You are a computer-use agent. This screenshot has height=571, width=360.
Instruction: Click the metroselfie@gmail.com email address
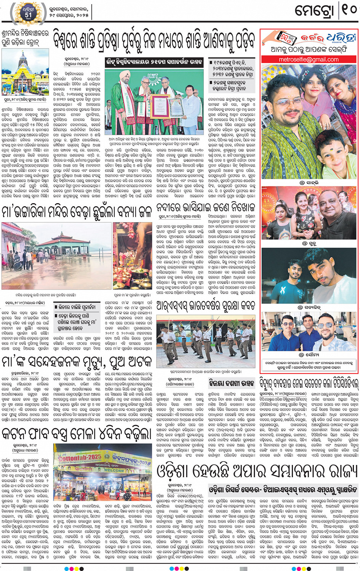309,59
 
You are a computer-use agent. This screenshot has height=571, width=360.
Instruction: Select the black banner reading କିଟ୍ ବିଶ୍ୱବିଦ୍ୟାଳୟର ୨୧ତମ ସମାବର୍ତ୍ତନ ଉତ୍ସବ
155,62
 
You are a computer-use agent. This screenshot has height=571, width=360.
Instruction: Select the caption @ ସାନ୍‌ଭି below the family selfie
309,183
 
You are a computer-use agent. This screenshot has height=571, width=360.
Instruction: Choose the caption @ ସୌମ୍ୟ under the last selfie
309,354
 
